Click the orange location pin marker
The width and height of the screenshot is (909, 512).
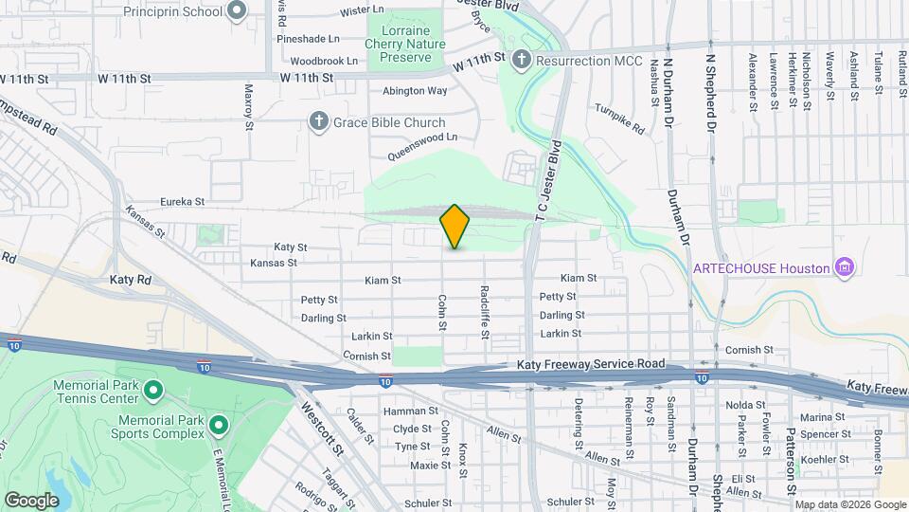click(454, 227)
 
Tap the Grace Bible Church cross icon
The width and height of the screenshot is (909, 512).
click(319, 122)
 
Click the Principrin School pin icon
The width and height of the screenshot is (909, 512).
click(237, 12)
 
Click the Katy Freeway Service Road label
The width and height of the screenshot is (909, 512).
click(591, 364)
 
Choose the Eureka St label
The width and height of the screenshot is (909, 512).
click(182, 201)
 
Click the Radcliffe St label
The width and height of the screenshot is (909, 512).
click(484, 312)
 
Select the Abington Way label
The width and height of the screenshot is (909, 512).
click(415, 91)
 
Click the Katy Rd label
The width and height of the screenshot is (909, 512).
click(131, 280)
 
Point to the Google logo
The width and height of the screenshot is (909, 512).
click(31, 500)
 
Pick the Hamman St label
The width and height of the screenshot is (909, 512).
click(410, 411)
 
